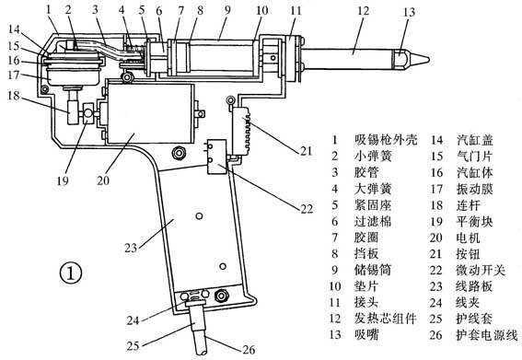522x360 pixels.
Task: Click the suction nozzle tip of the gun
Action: click(429, 60)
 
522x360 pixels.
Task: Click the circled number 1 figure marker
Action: click(71, 273)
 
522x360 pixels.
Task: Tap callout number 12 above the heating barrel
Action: click(363, 11)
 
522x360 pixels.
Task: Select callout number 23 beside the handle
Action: click(131, 248)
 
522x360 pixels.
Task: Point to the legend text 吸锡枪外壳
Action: click(386, 140)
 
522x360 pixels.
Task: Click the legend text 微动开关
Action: click(481, 270)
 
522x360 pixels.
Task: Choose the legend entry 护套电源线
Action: click(487, 335)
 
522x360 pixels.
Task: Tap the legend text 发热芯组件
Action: click(385, 319)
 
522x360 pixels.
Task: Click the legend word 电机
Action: click(468, 238)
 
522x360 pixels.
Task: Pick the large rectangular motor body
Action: click(149, 113)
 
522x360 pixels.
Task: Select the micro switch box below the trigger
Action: click(216, 157)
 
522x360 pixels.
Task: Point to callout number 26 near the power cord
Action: click(249, 350)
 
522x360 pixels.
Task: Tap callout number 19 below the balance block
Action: click(63, 180)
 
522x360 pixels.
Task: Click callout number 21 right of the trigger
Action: click(306, 151)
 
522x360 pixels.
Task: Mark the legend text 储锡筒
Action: click(373, 270)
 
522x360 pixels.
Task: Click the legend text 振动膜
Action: click(474, 189)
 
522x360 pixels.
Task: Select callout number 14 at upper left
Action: click(15, 29)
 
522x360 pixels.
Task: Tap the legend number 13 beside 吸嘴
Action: click(335, 334)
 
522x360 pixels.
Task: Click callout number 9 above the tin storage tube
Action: click(227, 9)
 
